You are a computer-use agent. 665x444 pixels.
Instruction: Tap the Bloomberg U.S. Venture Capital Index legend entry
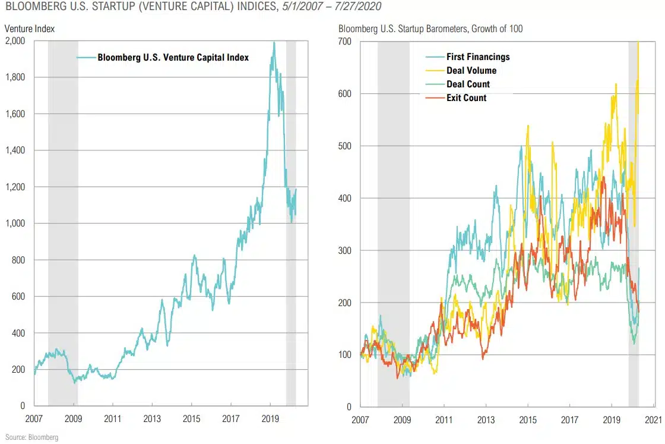coord(173,58)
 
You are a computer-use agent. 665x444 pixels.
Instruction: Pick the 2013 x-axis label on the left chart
coord(152,418)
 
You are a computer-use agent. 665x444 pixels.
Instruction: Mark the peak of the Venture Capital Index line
coord(274,42)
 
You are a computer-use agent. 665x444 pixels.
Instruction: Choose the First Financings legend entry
coord(478,57)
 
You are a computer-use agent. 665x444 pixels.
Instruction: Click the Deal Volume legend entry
coord(471,71)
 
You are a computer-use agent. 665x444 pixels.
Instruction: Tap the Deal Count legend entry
coord(468,84)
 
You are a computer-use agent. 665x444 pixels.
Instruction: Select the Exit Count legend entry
coord(466,97)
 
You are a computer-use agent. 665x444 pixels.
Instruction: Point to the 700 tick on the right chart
coord(345,42)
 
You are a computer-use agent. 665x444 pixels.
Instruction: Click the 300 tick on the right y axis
coord(345,250)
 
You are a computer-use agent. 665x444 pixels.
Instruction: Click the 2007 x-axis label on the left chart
coord(34,418)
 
